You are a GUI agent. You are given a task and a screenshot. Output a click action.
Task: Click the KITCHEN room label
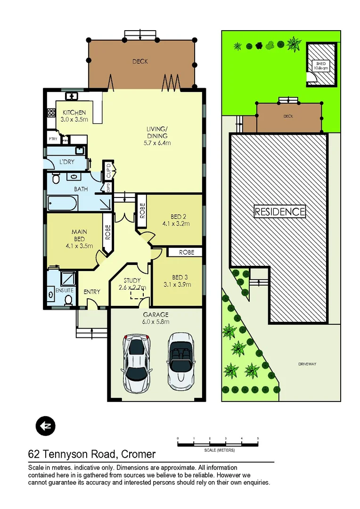[x=74, y=113]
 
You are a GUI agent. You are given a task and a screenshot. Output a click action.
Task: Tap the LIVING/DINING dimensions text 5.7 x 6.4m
[x=157, y=143]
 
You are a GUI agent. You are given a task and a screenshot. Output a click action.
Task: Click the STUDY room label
[x=132, y=280]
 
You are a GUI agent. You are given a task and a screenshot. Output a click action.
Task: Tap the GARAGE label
[x=155, y=315]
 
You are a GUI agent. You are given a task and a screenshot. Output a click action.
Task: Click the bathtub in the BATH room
[x=62, y=205]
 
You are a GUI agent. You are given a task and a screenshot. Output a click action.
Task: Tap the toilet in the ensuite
[x=68, y=299]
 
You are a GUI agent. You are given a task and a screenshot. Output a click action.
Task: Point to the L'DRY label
[x=66, y=162]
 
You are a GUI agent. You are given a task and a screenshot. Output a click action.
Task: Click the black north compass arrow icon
[x=46, y=426]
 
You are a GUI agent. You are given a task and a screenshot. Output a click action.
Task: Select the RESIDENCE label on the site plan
[x=280, y=212]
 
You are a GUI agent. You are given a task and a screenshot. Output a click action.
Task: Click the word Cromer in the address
[x=139, y=454]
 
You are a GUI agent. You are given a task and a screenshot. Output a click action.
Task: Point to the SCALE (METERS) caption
[x=219, y=450]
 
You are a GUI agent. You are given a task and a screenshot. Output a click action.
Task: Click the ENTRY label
[x=92, y=292]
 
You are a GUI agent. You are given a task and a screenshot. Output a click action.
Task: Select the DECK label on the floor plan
[x=140, y=61]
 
